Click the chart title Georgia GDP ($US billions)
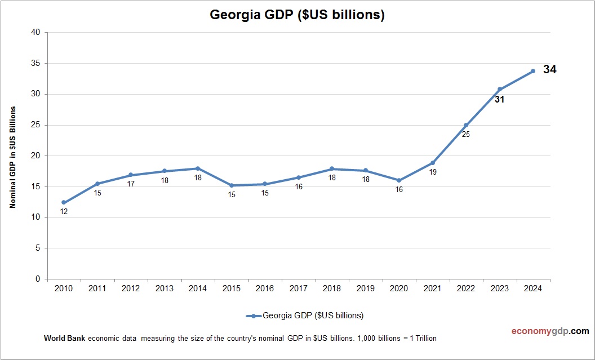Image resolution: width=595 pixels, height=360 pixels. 297,15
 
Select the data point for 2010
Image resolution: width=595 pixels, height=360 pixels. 64,202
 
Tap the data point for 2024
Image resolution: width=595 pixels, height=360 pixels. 532,71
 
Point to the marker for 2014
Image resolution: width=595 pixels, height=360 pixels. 198,168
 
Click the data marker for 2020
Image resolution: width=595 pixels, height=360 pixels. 399,180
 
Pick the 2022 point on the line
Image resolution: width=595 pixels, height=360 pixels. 466,125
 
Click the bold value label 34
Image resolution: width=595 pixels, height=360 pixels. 550,69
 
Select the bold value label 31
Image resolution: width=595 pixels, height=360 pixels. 499,100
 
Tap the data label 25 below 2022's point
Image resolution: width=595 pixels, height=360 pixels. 466,135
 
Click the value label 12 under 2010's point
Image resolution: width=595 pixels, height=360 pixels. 64,212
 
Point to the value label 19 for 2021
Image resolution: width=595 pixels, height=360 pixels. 433,172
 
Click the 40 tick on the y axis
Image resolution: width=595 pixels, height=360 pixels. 36,32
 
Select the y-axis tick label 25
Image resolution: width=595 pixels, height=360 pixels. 36,125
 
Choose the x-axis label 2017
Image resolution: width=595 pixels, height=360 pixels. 298,288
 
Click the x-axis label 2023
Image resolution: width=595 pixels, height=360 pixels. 499,288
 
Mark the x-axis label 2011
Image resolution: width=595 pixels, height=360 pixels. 97,288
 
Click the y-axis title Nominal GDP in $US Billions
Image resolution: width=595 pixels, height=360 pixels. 12,157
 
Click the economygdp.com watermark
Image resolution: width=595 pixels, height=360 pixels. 542,331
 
